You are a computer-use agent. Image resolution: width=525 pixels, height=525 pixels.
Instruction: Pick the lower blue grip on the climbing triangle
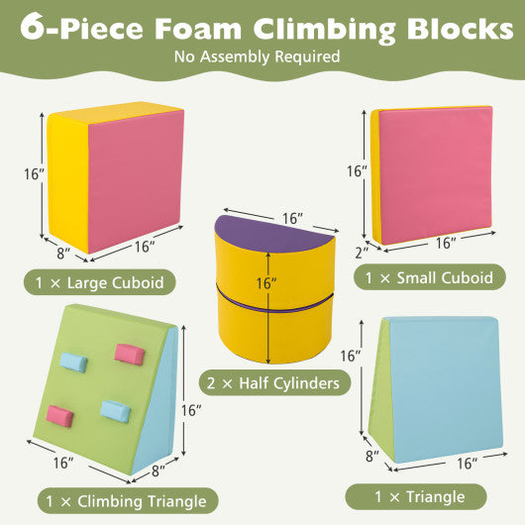pos(115,409)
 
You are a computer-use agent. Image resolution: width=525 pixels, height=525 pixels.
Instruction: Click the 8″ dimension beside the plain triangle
pos(370,457)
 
